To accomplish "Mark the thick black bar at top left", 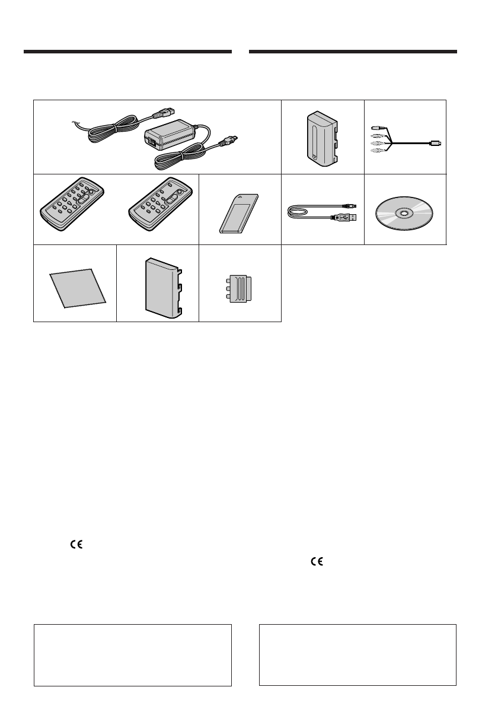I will pos(127,52).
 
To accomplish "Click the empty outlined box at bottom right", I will pos(358,654).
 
